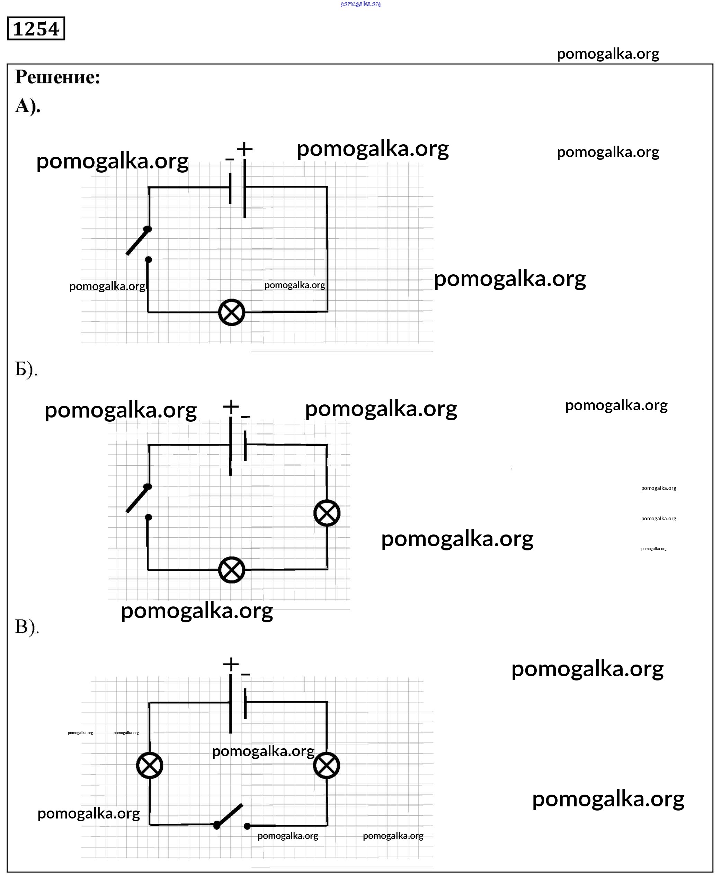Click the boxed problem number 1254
click(36, 29)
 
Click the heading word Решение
click(58, 77)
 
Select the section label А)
click(28, 106)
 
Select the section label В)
click(27, 627)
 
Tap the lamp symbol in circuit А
click(232, 312)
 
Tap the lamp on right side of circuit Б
click(327, 513)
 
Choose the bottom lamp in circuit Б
click(232, 570)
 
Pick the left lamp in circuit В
click(150, 766)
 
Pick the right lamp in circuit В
click(327, 766)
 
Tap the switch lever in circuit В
click(229, 814)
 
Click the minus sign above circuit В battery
click(246, 674)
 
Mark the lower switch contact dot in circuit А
click(148, 260)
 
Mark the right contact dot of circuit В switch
click(247, 826)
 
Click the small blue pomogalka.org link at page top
click(360, 4)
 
